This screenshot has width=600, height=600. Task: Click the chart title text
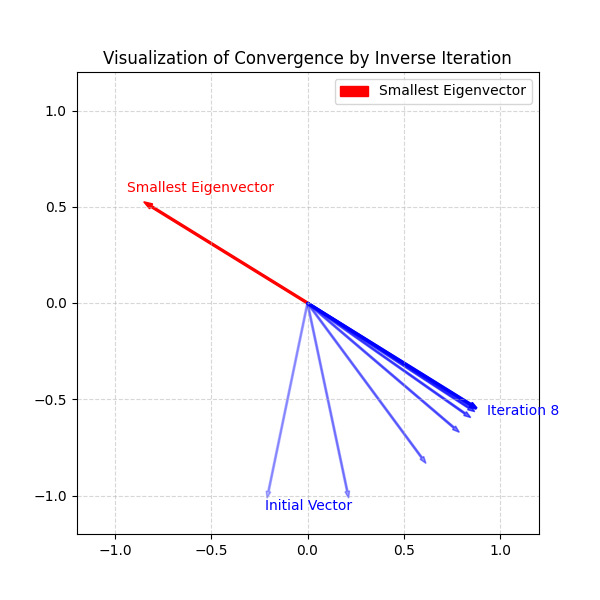(x=307, y=58)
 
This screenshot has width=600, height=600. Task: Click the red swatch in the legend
(x=354, y=91)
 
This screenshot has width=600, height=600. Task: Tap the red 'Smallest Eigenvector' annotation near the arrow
(x=200, y=188)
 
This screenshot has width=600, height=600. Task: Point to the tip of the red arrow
(x=144, y=202)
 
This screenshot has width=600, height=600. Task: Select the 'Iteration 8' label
(x=522, y=411)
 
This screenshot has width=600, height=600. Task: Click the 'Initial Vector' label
(x=308, y=506)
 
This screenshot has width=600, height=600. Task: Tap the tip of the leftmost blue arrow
(x=267, y=497)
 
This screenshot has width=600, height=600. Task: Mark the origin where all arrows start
(x=308, y=303)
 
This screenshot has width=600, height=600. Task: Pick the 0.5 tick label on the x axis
(x=404, y=550)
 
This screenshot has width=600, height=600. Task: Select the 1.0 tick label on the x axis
(x=500, y=550)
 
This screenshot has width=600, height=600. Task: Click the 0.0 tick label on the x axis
(x=308, y=550)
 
